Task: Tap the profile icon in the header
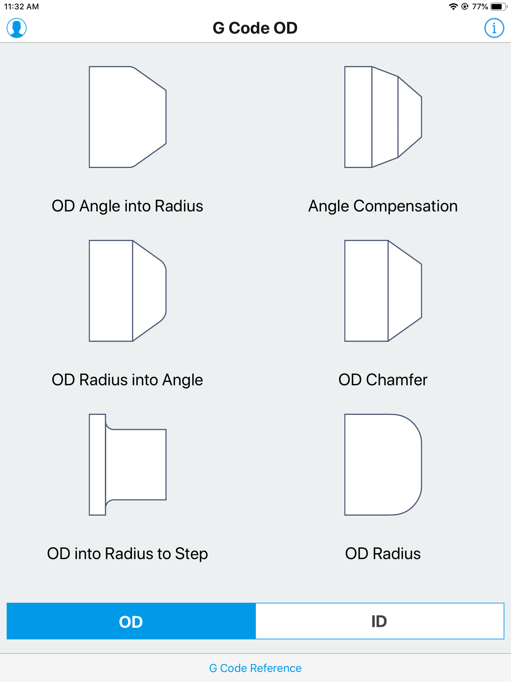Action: pos(17,28)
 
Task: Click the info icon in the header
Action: pos(494,28)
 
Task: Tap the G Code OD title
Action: pos(255,28)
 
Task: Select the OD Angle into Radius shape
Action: pos(128,117)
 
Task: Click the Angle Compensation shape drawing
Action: pos(383,117)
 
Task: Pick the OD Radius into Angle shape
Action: pos(128,291)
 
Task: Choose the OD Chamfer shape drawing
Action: pos(383,291)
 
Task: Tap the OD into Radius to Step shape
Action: pos(128,465)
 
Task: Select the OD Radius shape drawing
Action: pos(383,465)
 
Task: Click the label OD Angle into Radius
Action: pos(128,206)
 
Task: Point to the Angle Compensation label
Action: pos(383,206)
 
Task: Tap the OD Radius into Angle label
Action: pos(128,380)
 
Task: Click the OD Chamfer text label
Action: pos(383,380)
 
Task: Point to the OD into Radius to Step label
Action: pos(128,554)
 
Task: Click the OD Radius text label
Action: pos(383,554)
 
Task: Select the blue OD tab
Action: pos(131,621)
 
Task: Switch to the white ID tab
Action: pos(380,621)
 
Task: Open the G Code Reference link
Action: pos(255,668)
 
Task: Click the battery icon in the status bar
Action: pos(498,6)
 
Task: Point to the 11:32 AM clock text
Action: pos(21,6)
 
